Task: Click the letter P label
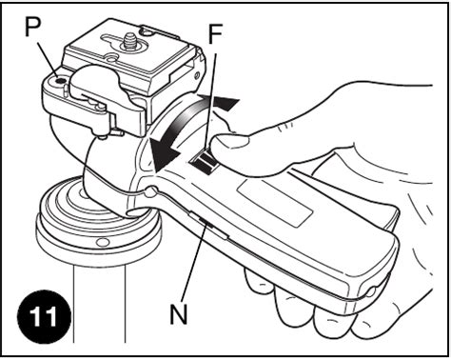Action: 32,27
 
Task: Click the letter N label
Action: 179,313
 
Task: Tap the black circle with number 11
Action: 44,316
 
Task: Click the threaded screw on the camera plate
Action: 128,40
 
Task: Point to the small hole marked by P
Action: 59,81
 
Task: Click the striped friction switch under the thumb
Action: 204,162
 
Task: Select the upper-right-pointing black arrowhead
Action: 225,103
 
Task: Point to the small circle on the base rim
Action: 102,243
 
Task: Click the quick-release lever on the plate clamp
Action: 95,95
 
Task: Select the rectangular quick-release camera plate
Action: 132,51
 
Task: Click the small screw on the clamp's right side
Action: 197,75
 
